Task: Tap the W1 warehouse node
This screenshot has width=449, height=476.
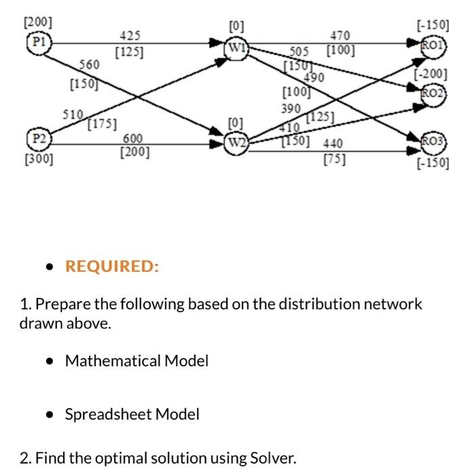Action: click(238, 48)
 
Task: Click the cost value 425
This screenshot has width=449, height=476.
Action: click(130, 35)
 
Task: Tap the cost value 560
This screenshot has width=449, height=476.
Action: click(89, 65)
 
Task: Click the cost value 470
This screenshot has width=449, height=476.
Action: click(339, 35)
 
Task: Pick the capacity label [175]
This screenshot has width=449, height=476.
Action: click(102, 124)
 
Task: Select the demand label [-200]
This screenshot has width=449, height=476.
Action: click(433, 73)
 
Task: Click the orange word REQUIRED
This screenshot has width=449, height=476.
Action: click(111, 266)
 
